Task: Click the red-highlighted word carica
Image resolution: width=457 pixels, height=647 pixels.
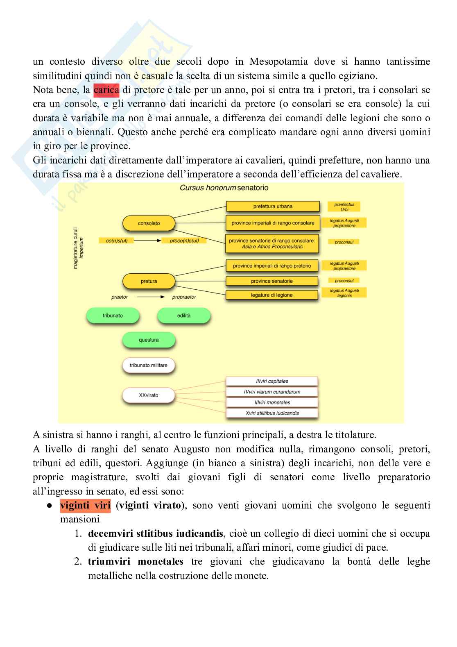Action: coord(106,90)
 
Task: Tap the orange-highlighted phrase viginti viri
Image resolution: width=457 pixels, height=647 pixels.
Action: coord(85,505)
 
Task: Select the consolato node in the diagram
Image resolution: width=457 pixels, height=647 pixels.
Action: coord(149,223)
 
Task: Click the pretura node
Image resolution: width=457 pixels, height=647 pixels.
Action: coord(149,281)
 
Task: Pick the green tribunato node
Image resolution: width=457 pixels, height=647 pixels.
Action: coord(113,316)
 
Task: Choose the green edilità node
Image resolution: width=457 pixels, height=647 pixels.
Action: coord(184,316)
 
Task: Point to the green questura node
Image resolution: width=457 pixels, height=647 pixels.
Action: coord(149,340)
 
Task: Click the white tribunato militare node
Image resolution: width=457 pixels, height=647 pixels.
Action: coord(149,365)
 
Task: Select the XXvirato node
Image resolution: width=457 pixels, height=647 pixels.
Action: coord(149,395)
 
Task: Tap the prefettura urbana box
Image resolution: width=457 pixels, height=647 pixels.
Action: coord(273,207)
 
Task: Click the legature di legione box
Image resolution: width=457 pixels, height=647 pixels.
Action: coord(272,295)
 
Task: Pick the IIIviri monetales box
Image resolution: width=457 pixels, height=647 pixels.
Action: coord(272,402)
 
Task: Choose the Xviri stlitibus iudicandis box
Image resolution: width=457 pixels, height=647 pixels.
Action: coord(272,413)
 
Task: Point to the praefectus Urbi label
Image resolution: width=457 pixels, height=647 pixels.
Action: coord(344,207)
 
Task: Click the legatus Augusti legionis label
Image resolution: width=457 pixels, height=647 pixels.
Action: coord(344,293)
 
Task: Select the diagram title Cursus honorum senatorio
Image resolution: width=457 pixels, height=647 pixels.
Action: coord(224,188)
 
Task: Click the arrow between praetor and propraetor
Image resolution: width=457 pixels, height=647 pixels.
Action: coord(150,297)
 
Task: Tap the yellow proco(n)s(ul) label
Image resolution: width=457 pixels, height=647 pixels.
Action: coord(184,241)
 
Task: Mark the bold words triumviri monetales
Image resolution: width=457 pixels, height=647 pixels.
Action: coord(136,561)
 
